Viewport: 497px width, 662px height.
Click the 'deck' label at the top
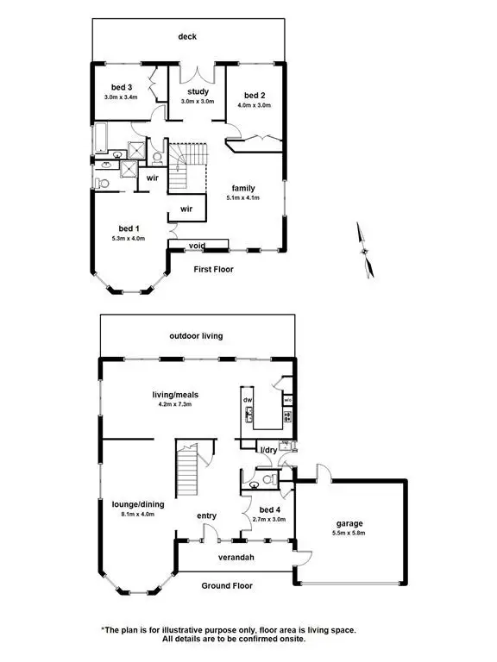click(x=187, y=36)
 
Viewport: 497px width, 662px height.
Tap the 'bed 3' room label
click(x=122, y=87)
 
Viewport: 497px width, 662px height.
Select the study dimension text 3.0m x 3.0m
click(x=198, y=102)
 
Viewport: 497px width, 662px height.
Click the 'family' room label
click(x=242, y=187)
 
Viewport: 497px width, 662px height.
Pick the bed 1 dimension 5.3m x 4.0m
click(x=128, y=238)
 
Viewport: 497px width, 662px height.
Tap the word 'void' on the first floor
click(x=198, y=246)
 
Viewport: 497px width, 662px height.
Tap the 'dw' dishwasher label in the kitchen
click(x=248, y=401)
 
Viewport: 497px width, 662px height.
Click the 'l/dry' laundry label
click(x=268, y=450)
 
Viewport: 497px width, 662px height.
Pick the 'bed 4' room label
click(x=261, y=509)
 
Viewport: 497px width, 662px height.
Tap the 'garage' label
click(x=349, y=523)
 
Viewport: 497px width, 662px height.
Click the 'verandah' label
click(x=235, y=558)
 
